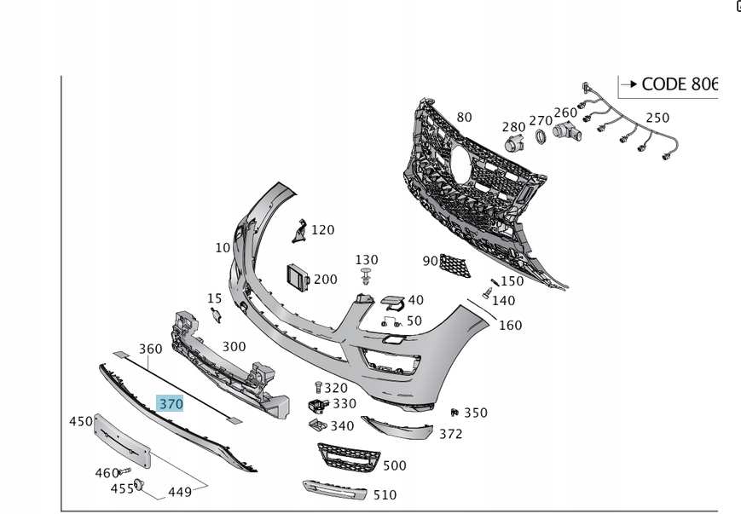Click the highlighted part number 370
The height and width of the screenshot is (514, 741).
pos(171,403)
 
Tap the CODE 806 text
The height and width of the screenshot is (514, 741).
pos(680,84)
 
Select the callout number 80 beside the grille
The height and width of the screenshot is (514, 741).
pos(464,117)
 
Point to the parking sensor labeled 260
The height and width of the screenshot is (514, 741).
pos(566,130)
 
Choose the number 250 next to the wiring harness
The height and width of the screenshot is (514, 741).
pos(657,118)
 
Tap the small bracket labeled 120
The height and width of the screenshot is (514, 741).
pos(299,231)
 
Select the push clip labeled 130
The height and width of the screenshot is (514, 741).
pos(367,277)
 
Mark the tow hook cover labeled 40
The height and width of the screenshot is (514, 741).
pos(392,302)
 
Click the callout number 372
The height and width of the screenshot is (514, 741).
pos(450,434)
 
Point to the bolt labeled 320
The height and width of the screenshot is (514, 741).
pos(318,388)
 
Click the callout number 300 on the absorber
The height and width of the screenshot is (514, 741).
pos(234,346)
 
